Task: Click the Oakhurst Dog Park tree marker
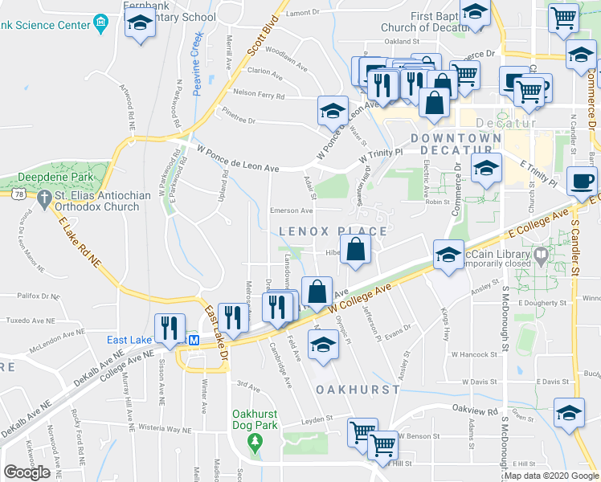click(x=255, y=441)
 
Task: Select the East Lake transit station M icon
click(x=194, y=340)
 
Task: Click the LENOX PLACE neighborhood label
click(x=333, y=231)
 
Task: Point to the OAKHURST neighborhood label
click(x=358, y=389)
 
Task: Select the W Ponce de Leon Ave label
click(x=238, y=157)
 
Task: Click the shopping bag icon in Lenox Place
click(x=355, y=250)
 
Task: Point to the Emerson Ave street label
click(x=290, y=210)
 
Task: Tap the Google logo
click(x=27, y=472)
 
